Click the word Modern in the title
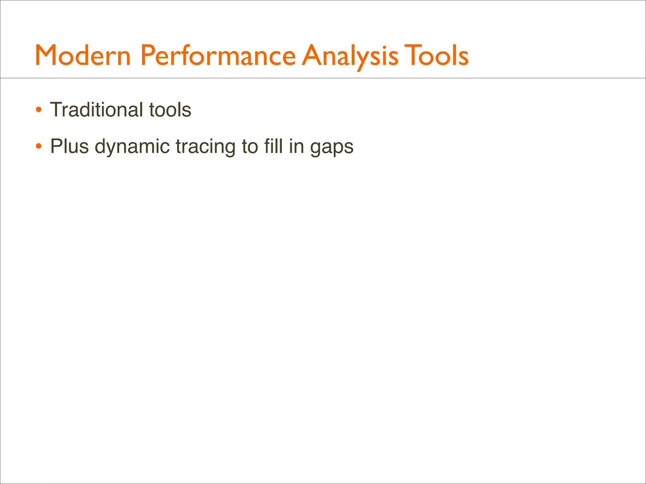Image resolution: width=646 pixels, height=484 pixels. click(83, 55)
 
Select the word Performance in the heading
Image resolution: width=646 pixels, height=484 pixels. click(218, 55)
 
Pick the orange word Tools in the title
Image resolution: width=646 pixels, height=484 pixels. click(436, 55)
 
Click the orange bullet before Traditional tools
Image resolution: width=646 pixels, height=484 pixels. click(38, 110)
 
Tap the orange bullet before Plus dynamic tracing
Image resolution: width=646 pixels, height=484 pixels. click(38, 147)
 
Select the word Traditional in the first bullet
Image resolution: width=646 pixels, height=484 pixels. click(96, 110)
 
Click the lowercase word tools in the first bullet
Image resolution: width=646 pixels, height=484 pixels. click(170, 110)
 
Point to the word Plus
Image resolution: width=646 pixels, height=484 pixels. click(69, 146)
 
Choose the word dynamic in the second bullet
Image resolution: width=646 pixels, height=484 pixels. click(132, 147)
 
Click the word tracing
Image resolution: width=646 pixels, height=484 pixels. click(205, 147)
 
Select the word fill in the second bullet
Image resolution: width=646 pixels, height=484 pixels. click(273, 146)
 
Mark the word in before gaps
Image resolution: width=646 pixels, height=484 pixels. click(296, 146)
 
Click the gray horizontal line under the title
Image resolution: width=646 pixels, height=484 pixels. click(323, 78)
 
